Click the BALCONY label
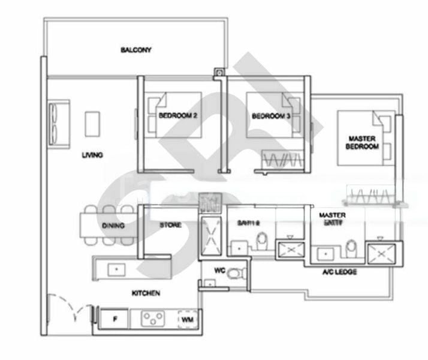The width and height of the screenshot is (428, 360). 135,50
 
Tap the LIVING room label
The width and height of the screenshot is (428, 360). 92,155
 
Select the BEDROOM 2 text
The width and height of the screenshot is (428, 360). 178,115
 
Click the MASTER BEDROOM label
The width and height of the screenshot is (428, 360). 363,142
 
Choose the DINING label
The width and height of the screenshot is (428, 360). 113,226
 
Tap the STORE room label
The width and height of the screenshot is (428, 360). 171,226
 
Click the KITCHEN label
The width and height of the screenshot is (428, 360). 146,293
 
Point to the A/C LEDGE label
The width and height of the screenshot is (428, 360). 339,272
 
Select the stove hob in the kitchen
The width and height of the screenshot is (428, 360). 153,319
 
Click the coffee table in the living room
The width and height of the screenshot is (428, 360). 92,124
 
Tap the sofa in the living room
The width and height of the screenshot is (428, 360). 59,123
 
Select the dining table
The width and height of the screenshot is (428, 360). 107,225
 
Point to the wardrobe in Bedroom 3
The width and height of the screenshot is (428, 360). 282,160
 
